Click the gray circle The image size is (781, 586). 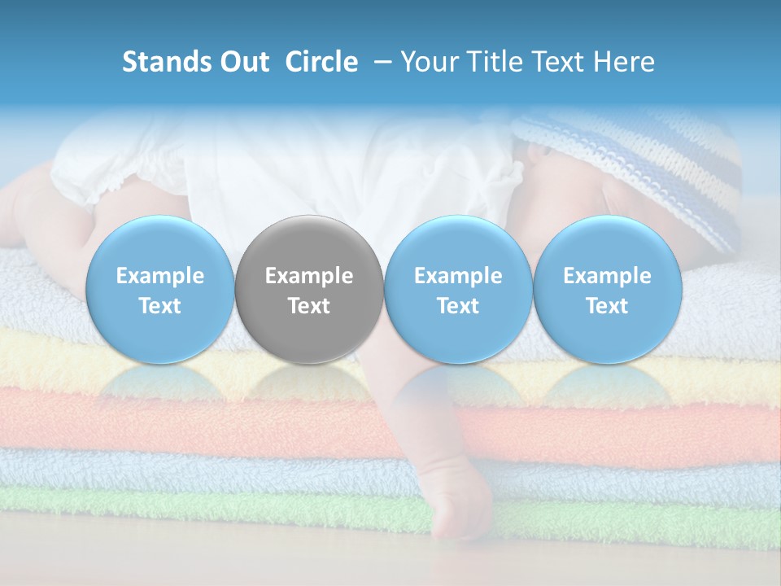click(x=309, y=290)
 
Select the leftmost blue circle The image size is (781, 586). click(x=159, y=290)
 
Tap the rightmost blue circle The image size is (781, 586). click(x=607, y=290)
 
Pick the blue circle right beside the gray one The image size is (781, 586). click(x=458, y=290)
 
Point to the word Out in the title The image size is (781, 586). click(x=245, y=62)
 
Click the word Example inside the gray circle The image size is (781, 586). click(x=309, y=276)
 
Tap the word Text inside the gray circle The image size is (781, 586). click(x=309, y=306)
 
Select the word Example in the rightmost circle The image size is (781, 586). click(x=607, y=276)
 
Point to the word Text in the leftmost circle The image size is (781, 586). click(x=159, y=306)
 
